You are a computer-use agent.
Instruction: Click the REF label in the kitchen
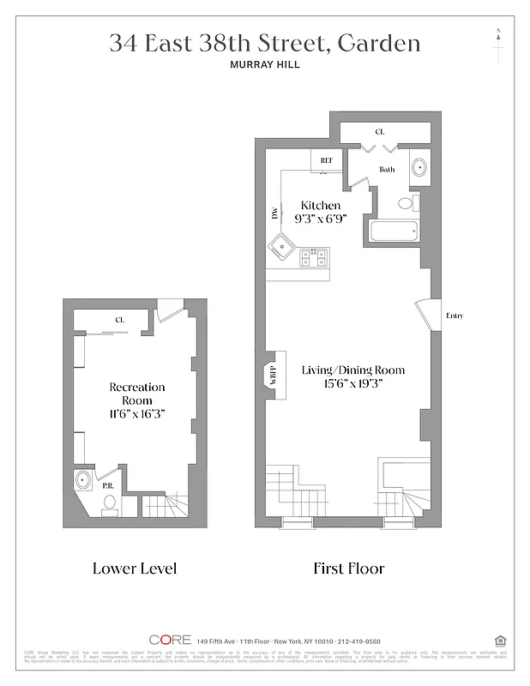(326, 160)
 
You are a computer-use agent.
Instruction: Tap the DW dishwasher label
(275, 214)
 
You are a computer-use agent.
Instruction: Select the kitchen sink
(281, 250)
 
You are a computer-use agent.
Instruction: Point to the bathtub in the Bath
(392, 231)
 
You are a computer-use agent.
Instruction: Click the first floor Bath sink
(419, 167)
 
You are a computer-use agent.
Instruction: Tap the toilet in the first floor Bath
(411, 202)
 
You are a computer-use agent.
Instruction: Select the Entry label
(455, 316)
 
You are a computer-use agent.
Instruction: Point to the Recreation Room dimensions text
(136, 413)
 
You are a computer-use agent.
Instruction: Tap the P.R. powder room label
(109, 485)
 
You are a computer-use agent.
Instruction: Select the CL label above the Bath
(379, 132)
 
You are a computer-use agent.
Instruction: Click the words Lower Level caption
(135, 569)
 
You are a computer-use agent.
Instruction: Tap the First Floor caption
(349, 569)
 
